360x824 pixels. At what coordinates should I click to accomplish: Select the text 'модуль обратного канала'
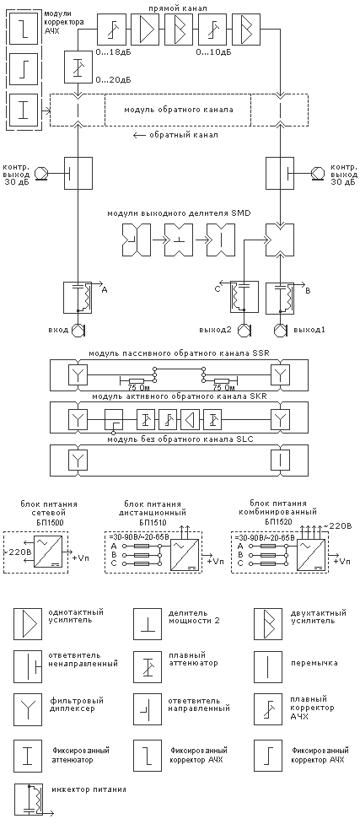[179, 110]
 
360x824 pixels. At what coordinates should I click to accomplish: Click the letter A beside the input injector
[104, 289]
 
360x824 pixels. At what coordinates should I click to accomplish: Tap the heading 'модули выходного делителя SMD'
[180, 213]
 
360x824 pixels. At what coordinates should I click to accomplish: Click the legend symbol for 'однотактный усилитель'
[27, 624]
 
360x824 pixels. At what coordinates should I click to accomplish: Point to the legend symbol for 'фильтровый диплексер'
[27, 708]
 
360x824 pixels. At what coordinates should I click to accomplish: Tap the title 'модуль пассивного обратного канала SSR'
[180, 353]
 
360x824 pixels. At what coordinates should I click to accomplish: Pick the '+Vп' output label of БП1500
[82, 557]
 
